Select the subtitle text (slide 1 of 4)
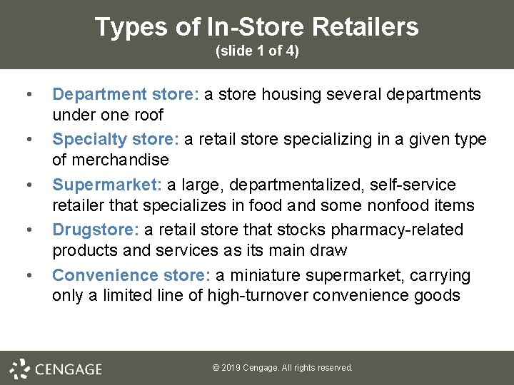point(257,51)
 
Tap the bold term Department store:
point(126,94)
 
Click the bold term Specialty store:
point(116,139)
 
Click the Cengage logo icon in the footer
point(19,368)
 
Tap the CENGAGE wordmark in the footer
point(69,369)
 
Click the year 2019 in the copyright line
point(231,368)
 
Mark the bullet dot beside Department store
point(28,95)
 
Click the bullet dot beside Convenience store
point(28,276)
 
